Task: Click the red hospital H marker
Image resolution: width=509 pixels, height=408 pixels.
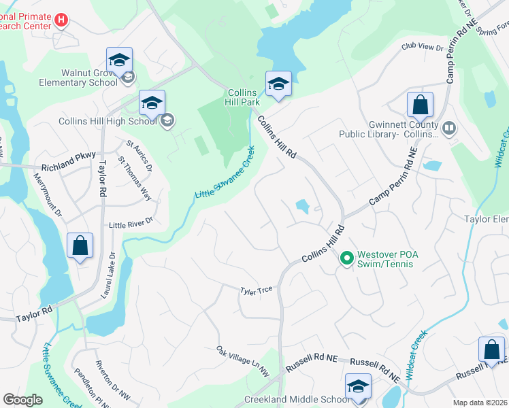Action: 61,20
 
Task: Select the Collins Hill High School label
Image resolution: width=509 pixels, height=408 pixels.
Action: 108,121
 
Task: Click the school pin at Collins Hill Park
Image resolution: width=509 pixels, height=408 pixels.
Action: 278,84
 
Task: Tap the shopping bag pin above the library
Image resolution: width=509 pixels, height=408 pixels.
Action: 420,105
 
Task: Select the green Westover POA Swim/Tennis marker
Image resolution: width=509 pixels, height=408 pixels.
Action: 346,258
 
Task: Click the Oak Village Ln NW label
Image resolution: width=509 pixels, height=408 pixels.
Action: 243,361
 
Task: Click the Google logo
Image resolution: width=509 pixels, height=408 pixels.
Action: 23,400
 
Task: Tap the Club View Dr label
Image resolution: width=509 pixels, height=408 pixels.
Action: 422,48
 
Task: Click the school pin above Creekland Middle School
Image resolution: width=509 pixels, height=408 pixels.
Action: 358,386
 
